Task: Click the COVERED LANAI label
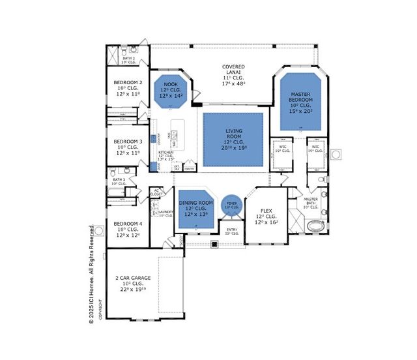[233, 67]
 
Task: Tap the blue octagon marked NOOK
[171, 90]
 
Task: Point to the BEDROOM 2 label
[128, 83]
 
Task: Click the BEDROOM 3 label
[128, 142]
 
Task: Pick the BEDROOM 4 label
[128, 224]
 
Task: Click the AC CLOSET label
[156, 192]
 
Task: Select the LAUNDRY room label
[164, 212]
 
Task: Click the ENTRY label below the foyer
[232, 230]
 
